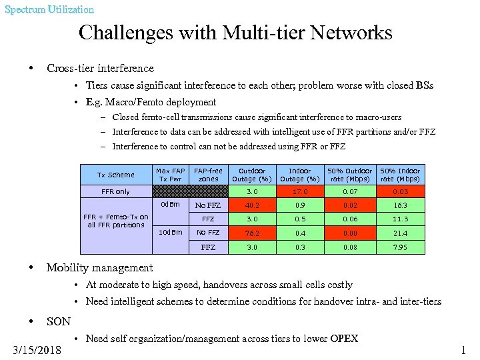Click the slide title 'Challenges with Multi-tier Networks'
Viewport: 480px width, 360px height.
pyautogui.click(x=235, y=33)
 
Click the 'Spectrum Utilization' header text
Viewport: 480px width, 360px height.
pyautogui.click(x=49, y=9)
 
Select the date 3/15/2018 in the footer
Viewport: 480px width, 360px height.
pyautogui.click(x=37, y=349)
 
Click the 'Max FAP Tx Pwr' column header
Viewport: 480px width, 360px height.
pyautogui.click(x=170, y=175)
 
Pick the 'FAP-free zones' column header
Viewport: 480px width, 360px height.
pyautogui.click(x=208, y=175)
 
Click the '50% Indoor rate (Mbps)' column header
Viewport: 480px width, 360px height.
pyautogui.click(x=400, y=175)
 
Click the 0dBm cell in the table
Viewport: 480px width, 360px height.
pyautogui.click(x=170, y=205)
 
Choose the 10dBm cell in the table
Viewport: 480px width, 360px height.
pyautogui.click(x=170, y=233)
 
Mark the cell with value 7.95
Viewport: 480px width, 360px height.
pyautogui.click(x=400, y=247)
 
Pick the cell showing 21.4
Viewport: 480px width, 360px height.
pyautogui.click(x=400, y=233)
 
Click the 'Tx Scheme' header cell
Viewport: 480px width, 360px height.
pyautogui.click(x=116, y=175)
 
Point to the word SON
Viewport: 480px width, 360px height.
pyautogui.click(x=59, y=321)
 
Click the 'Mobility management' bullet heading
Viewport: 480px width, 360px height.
pyautogui.click(x=99, y=268)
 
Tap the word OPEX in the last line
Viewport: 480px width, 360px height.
pyautogui.click(x=345, y=339)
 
